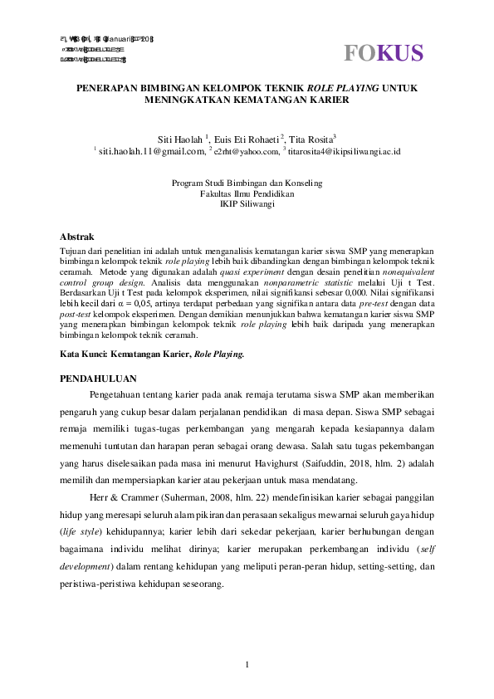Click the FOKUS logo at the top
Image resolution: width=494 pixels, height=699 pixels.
tap(384, 53)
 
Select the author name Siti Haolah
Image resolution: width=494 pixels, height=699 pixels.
tap(180, 139)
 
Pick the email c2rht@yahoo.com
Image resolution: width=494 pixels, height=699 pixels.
tap(247, 152)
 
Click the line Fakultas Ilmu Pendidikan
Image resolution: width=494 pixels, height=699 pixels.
tap(247, 193)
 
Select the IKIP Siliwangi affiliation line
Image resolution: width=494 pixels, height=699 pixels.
tap(247, 203)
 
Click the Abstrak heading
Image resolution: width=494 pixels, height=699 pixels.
tap(77, 237)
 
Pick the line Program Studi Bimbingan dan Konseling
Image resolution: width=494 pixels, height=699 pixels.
tap(247, 183)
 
